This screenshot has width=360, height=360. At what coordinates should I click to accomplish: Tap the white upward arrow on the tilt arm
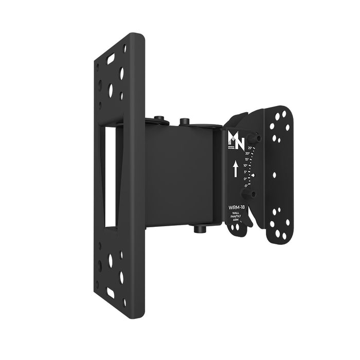click(x=235, y=169)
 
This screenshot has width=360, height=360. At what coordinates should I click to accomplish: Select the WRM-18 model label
click(x=236, y=207)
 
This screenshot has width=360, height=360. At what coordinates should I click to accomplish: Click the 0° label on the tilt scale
click(x=245, y=179)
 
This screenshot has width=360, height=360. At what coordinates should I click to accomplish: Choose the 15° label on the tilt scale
click(x=247, y=160)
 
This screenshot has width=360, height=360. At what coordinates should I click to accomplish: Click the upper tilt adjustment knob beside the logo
click(x=253, y=138)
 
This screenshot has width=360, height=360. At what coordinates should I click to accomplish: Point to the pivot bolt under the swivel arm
click(x=199, y=228)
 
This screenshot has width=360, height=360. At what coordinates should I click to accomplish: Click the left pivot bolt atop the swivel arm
click(x=159, y=120)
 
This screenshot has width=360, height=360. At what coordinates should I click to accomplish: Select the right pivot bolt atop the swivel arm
click(x=184, y=122)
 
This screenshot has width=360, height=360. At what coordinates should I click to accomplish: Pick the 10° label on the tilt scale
click(x=246, y=166)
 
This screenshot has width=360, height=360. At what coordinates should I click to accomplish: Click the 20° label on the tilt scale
click(x=248, y=154)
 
